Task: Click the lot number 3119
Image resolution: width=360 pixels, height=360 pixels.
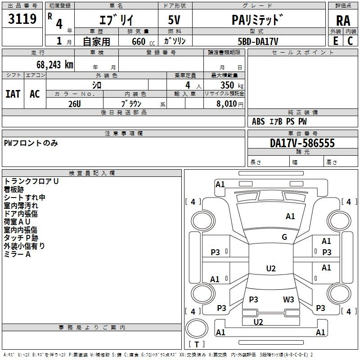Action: tap(22, 19)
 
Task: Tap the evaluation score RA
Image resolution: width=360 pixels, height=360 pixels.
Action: tap(343, 20)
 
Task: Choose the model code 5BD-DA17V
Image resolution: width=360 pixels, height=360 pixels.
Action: tap(258, 41)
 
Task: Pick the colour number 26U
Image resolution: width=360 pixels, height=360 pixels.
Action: tap(74, 103)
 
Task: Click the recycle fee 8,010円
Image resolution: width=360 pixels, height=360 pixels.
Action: tap(230, 103)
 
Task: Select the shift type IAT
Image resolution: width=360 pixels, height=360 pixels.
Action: tap(13, 94)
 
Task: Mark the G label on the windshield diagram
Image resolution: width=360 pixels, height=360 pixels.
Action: tap(284, 237)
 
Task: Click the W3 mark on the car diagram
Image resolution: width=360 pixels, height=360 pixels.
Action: tap(288, 299)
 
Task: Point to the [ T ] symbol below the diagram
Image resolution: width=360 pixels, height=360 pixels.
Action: tap(197, 344)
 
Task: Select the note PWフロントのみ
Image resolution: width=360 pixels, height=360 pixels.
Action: tap(31, 143)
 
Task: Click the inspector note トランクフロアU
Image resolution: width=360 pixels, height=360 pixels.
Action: tap(31, 181)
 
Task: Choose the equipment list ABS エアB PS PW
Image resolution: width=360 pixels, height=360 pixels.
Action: tap(279, 121)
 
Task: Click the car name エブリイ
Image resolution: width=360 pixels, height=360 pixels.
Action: tap(115, 20)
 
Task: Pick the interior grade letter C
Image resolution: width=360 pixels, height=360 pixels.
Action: tap(350, 41)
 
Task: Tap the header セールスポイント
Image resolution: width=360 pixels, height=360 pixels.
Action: tap(303, 53)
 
